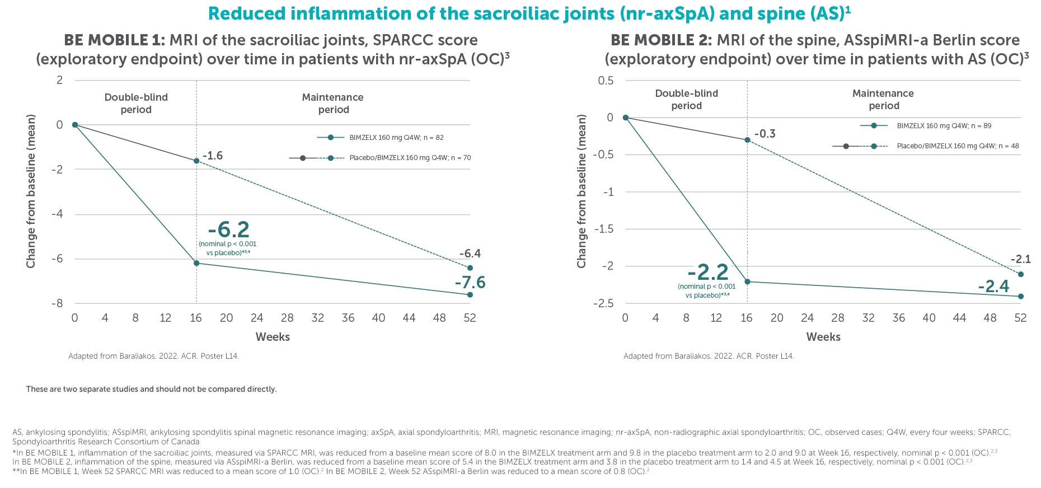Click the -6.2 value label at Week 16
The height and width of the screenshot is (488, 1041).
(x=228, y=229)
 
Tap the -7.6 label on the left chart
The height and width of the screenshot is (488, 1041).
(x=470, y=283)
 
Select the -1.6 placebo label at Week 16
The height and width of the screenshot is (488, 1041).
(x=213, y=156)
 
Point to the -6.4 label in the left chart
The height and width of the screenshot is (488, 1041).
(x=470, y=254)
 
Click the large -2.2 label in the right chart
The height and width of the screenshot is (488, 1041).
(x=708, y=273)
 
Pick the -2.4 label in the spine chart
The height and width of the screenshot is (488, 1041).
(x=993, y=287)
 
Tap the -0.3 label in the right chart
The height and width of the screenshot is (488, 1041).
(x=765, y=134)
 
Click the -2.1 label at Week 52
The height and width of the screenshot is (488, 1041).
(x=1021, y=259)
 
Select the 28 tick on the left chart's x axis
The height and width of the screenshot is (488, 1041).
(x=287, y=318)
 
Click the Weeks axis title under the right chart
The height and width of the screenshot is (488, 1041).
(x=823, y=337)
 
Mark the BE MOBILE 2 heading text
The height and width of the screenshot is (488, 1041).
(x=660, y=40)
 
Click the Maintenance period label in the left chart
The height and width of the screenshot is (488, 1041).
(x=333, y=104)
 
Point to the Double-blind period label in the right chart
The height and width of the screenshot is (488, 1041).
(x=687, y=100)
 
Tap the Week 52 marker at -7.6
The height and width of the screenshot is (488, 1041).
(x=470, y=294)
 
